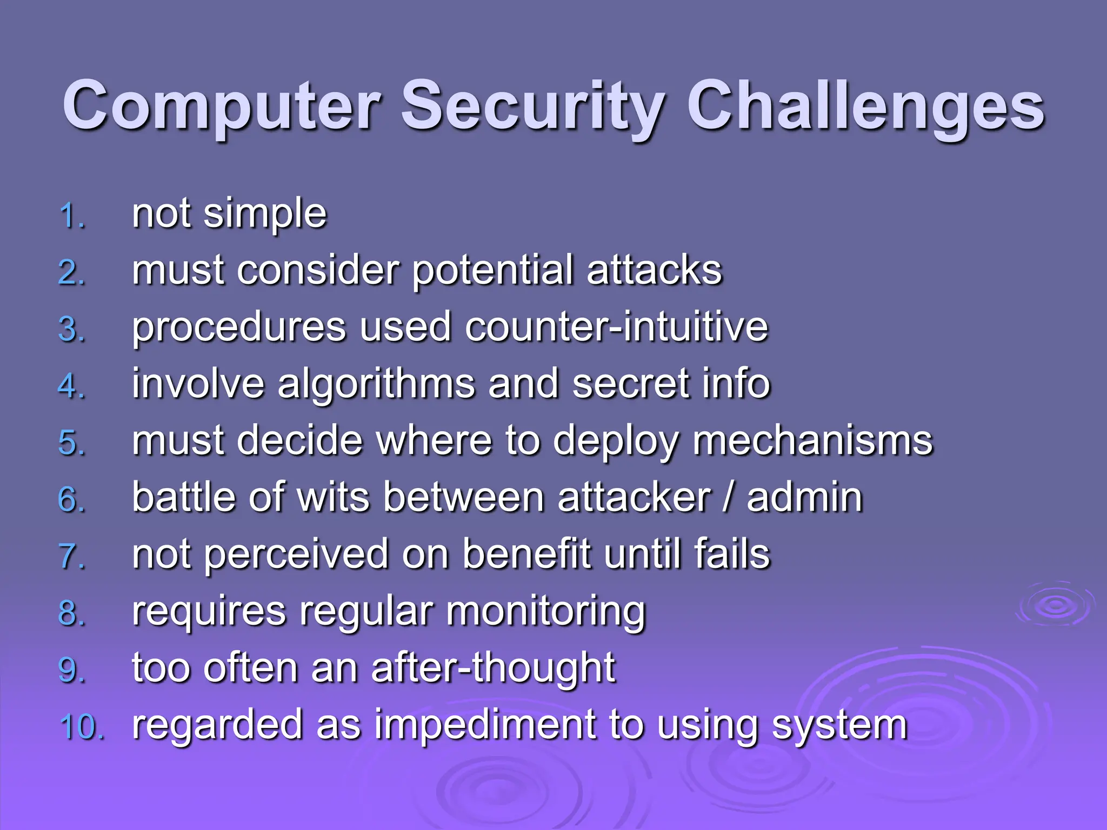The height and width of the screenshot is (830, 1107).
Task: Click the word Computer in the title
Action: (x=222, y=106)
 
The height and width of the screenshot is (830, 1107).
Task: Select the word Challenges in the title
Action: (x=865, y=106)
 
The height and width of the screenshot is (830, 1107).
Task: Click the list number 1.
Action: (x=71, y=216)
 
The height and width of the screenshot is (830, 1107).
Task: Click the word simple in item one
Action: (x=265, y=215)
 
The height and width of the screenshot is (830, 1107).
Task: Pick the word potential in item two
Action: (x=492, y=271)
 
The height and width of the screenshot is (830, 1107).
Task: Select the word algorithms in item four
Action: (x=376, y=385)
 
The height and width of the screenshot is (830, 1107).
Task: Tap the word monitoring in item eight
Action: (x=546, y=612)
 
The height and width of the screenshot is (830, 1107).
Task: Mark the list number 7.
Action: (x=71, y=557)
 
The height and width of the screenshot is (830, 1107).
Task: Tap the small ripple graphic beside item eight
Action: (x=1055, y=605)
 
